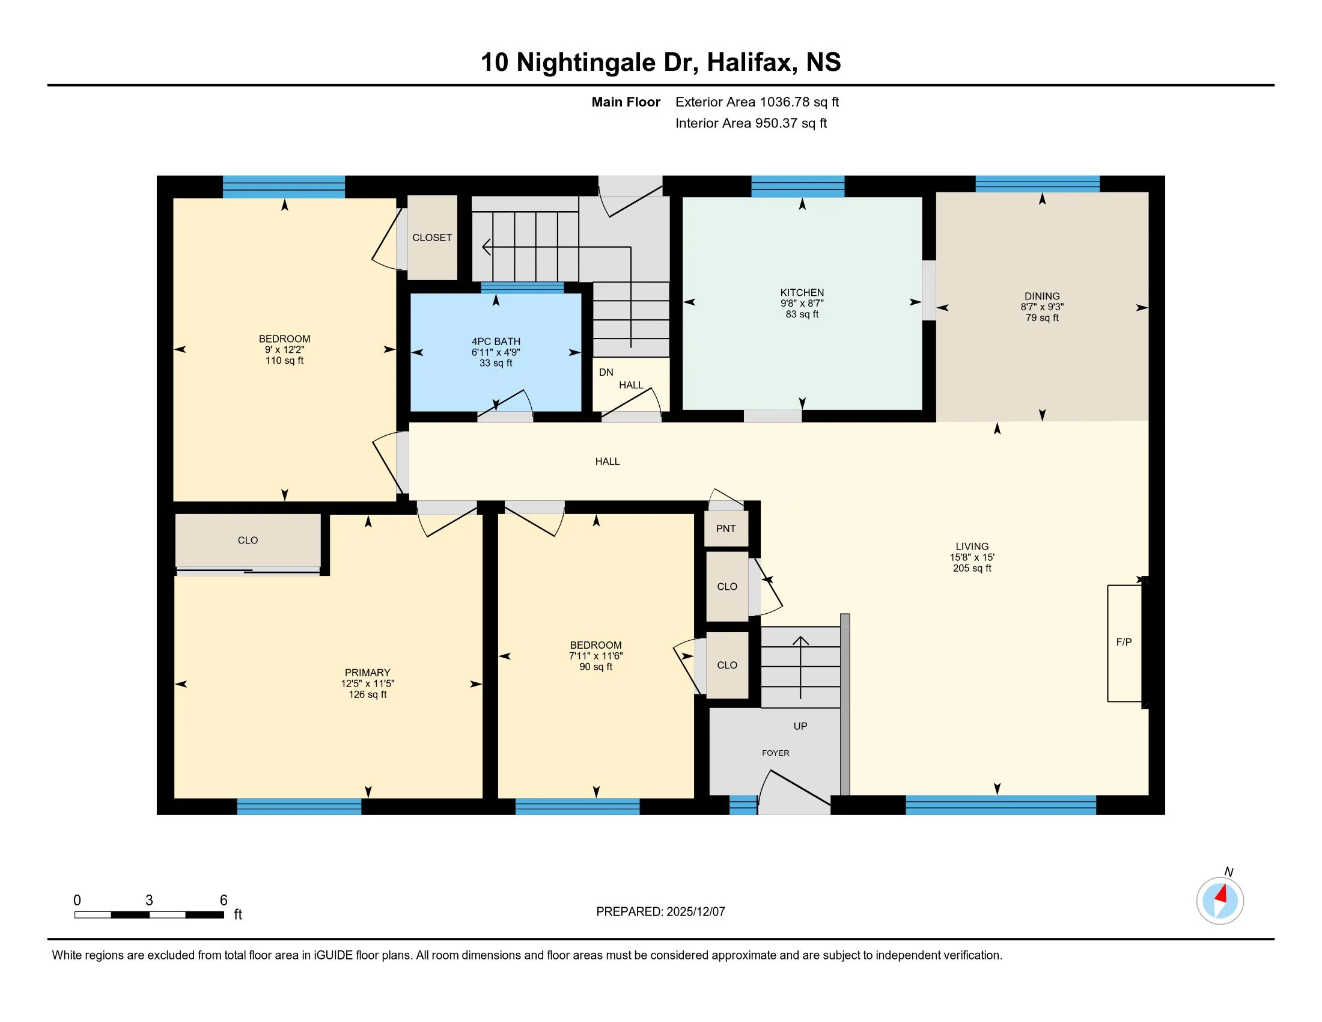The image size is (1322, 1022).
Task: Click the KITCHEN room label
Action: pyautogui.click(x=802, y=292)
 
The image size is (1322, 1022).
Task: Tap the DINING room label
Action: pyautogui.click(x=1042, y=296)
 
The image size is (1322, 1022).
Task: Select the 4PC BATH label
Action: pyautogui.click(x=496, y=341)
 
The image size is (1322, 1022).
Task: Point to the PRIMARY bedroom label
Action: pyautogui.click(x=367, y=673)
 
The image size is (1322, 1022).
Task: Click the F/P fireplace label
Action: pyautogui.click(x=1124, y=642)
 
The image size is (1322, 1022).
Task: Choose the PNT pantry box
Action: pyautogui.click(x=726, y=528)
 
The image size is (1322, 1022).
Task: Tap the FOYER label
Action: pyautogui.click(x=775, y=753)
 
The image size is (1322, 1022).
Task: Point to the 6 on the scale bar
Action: pyautogui.click(x=224, y=901)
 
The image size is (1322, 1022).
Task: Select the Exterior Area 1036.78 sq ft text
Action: pyautogui.click(x=757, y=102)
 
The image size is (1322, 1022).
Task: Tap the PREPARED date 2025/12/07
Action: pyautogui.click(x=695, y=912)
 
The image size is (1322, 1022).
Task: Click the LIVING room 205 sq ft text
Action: pyautogui.click(x=972, y=568)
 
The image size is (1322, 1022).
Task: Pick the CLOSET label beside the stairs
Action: pyautogui.click(x=432, y=237)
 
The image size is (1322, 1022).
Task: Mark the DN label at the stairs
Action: pyautogui.click(x=606, y=372)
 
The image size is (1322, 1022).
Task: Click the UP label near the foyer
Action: pyautogui.click(x=800, y=726)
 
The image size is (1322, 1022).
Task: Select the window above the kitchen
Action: pyautogui.click(x=798, y=186)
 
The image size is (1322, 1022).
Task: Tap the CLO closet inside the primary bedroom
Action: pyautogui.click(x=248, y=540)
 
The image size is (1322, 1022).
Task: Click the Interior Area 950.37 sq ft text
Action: pyautogui.click(x=751, y=123)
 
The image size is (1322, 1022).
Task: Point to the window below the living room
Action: pyautogui.click(x=1001, y=805)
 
